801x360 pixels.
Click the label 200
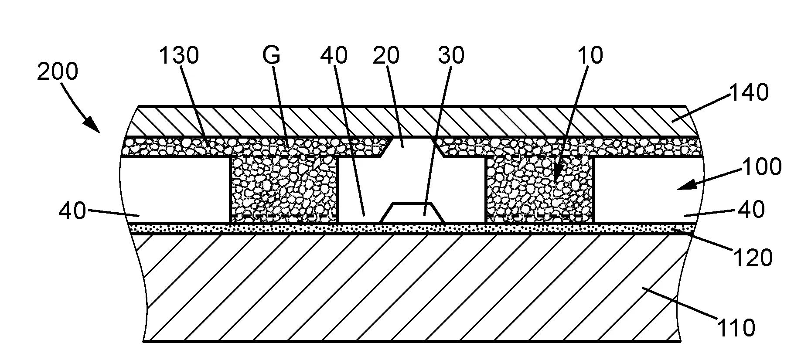click(58, 72)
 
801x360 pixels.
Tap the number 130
click(178, 56)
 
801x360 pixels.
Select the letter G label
click(271, 56)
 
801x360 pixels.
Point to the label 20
click(387, 56)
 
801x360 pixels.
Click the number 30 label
click(451, 56)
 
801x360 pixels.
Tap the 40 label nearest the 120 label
click(751, 211)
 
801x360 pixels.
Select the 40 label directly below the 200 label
click(72, 212)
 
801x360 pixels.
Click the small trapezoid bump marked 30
click(412, 213)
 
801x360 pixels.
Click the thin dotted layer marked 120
click(412, 229)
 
